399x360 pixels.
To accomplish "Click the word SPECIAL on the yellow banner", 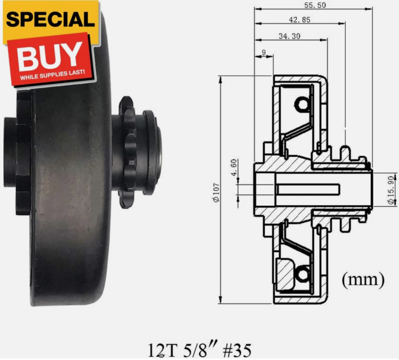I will pos(50,19).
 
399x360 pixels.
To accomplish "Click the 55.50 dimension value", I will pos(312,6).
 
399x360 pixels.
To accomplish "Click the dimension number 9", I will pos(263,52).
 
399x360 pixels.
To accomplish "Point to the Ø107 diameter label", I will pos(216,192).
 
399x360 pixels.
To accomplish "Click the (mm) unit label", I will pos(363,280).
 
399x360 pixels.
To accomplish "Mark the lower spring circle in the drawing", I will pos(302,274).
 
